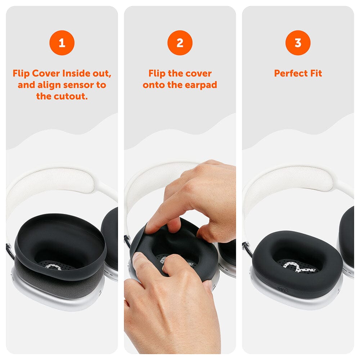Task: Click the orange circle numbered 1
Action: click(x=62, y=43)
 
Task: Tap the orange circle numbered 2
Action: click(x=180, y=43)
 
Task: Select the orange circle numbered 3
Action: click(x=298, y=43)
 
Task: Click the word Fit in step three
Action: click(x=316, y=73)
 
